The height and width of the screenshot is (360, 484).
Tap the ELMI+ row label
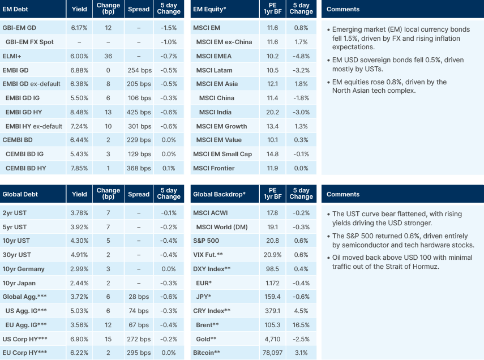[x=12, y=56]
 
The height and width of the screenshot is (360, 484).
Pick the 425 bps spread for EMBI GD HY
[x=139, y=112]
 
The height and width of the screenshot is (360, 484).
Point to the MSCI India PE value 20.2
[x=272, y=112]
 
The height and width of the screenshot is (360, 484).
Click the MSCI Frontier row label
[x=214, y=168]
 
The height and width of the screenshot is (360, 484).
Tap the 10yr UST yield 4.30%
[x=80, y=241]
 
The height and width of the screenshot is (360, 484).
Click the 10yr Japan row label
[x=19, y=283]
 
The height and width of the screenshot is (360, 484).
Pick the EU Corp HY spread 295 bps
[x=139, y=353]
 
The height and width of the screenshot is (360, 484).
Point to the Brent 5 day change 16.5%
[x=301, y=325]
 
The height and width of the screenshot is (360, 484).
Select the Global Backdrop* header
[x=219, y=194]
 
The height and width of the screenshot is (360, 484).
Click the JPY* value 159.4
[x=272, y=297]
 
